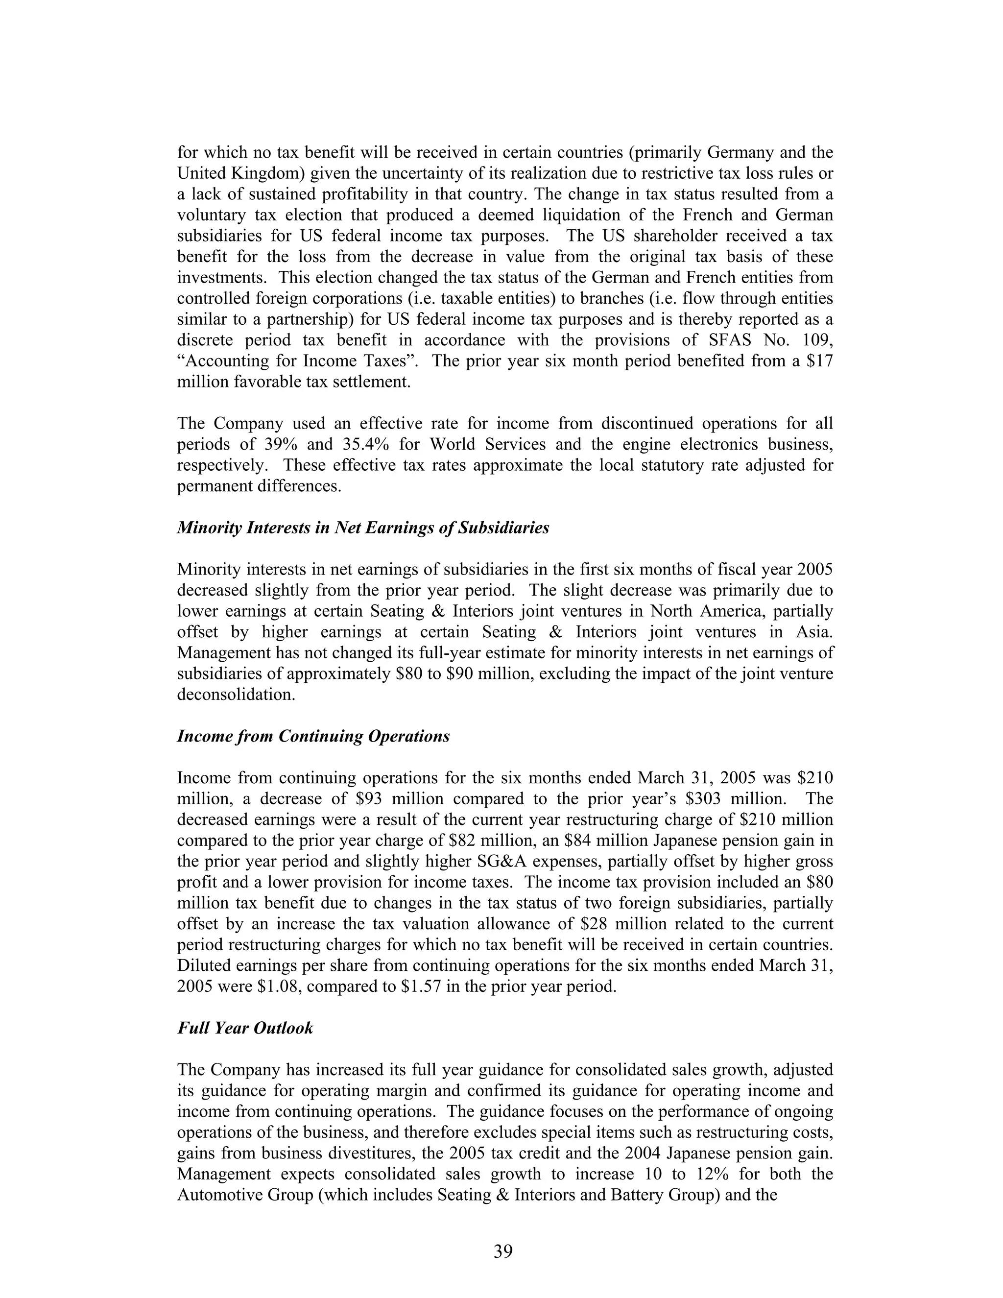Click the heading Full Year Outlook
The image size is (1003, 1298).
[x=245, y=1028]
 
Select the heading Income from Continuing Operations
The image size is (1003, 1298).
[x=313, y=736]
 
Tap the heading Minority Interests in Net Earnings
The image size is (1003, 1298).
[x=362, y=527]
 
